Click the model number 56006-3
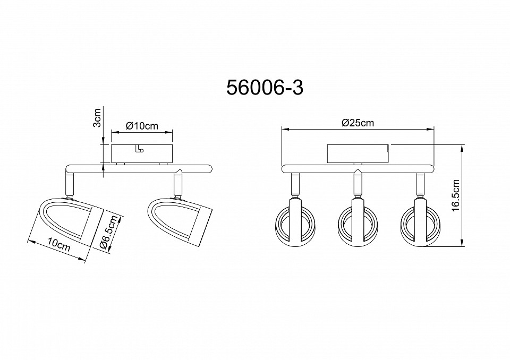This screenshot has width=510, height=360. coord(265,88)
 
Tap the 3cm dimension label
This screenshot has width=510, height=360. coord(97,118)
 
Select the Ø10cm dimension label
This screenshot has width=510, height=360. coord(142,125)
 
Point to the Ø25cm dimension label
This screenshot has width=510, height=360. coord(358,123)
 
